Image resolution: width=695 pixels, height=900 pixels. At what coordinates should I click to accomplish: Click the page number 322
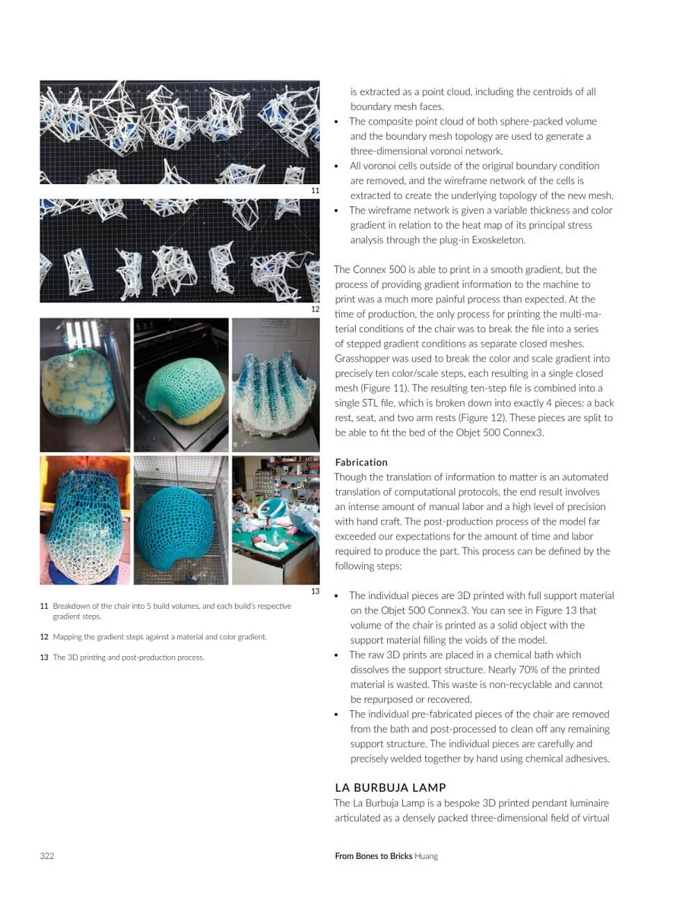click(47, 856)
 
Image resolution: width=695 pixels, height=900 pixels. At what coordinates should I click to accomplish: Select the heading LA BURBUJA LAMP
click(390, 787)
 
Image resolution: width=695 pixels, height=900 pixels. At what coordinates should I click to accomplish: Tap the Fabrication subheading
click(361, 462)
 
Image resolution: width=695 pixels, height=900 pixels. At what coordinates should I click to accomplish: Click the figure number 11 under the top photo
click(315, 190)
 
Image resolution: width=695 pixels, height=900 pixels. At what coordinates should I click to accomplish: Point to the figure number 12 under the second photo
click(315, 309)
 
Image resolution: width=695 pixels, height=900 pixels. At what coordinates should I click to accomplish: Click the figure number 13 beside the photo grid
click(315, 591)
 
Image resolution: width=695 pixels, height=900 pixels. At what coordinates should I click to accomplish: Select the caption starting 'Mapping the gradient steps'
click(159, 637)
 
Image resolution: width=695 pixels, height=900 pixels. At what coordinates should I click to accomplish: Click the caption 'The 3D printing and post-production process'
click(129, 657)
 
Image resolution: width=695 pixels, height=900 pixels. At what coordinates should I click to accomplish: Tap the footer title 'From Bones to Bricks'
click(373, 856)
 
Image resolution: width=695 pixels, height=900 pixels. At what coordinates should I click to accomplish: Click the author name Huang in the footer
click(426, 856)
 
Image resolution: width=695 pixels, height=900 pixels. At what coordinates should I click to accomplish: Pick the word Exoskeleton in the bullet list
click(498, 240)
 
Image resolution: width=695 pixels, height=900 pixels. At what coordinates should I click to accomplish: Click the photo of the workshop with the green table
click(275, 520)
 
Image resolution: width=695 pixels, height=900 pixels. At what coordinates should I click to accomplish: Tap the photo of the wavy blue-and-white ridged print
click(275, 385)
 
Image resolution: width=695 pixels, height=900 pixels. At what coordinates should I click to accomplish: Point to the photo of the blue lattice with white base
click(84, 520)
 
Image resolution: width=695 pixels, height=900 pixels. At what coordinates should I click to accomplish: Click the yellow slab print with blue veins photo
click(84, 385)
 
